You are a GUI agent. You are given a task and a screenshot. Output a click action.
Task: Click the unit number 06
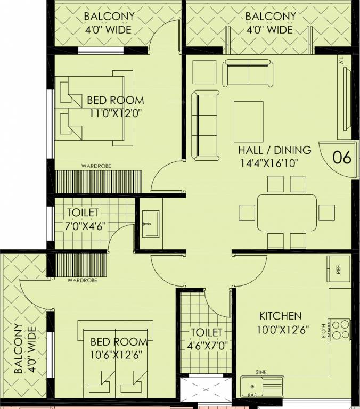pyautogui.click(x=342, y=158)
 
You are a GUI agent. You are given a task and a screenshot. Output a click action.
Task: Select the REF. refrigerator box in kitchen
pyautogui.click(x=338, y=269)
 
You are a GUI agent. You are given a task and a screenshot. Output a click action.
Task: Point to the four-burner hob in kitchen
pyautogui.click(x=339, y=329)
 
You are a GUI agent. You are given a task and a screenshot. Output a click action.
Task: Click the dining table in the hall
pyautogui.click(x=287, y=212)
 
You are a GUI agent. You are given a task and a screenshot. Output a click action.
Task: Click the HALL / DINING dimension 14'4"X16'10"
pyautogui.click(x=273, y=163)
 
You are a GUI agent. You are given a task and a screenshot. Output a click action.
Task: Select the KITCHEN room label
pyautogui.click(x=280, y=316)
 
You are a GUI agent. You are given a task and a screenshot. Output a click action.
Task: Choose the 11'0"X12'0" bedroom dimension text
pyautogui.click(x=115, y=113)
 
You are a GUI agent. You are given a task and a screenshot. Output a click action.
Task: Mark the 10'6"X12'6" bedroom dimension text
pyautogui.click(x=116, y=353)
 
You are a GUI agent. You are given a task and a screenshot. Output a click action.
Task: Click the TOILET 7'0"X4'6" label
pyautogui.click(x=82, y=219)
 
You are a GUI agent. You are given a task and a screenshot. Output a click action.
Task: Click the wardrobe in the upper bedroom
pyautogui.click(x=98, y=181)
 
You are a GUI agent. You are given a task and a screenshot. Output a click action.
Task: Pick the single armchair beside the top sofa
pyautogui.click(x=204, y=72)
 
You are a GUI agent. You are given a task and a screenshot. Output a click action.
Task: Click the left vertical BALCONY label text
pyautogui.click(x=24, y=349)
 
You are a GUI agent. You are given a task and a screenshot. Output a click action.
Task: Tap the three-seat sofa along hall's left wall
pyautogui.click(x=205, y=125)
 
